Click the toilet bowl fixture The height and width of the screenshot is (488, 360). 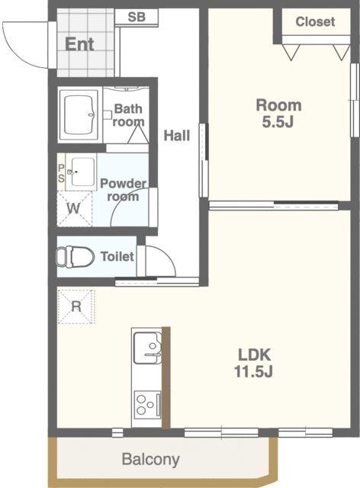(75, 257)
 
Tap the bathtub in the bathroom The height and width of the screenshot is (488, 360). (79, 115)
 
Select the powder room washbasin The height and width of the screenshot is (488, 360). (81, 172)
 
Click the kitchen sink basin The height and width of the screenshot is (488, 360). (147, 348)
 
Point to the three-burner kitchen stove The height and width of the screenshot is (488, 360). (147, 405)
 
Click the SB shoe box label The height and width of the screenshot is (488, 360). (137, 17)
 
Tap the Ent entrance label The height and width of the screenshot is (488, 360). (79, 44)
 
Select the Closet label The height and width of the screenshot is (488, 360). (315, 22)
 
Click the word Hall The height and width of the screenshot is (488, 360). (177, 136)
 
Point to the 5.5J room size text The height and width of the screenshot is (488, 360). (278, 122)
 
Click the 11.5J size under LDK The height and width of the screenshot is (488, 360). (253, 371)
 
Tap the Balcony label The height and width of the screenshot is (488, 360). (151, 459)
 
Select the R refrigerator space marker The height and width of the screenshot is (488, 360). (76, 307)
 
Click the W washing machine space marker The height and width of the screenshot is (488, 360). (74, 208)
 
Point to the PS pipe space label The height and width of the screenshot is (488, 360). (61, 173)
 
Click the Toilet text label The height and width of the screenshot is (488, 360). (117, 256)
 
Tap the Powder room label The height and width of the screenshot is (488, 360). (123, 190)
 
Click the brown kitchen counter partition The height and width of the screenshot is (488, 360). (166, 378)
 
